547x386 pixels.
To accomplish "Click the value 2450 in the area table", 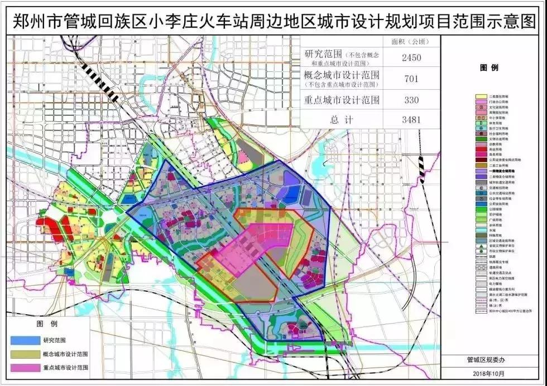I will point(410,57).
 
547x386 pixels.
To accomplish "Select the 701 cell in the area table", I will point(410,79).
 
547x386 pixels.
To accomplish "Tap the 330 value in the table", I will point(410,100).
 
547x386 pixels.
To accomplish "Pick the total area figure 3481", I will point(410,119).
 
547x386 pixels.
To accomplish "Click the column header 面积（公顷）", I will point(410,41).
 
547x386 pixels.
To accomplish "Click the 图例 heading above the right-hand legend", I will point(488,67).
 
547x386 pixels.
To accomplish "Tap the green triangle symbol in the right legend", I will point(479,246).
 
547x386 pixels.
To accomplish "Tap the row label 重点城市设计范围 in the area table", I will point(342,100).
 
